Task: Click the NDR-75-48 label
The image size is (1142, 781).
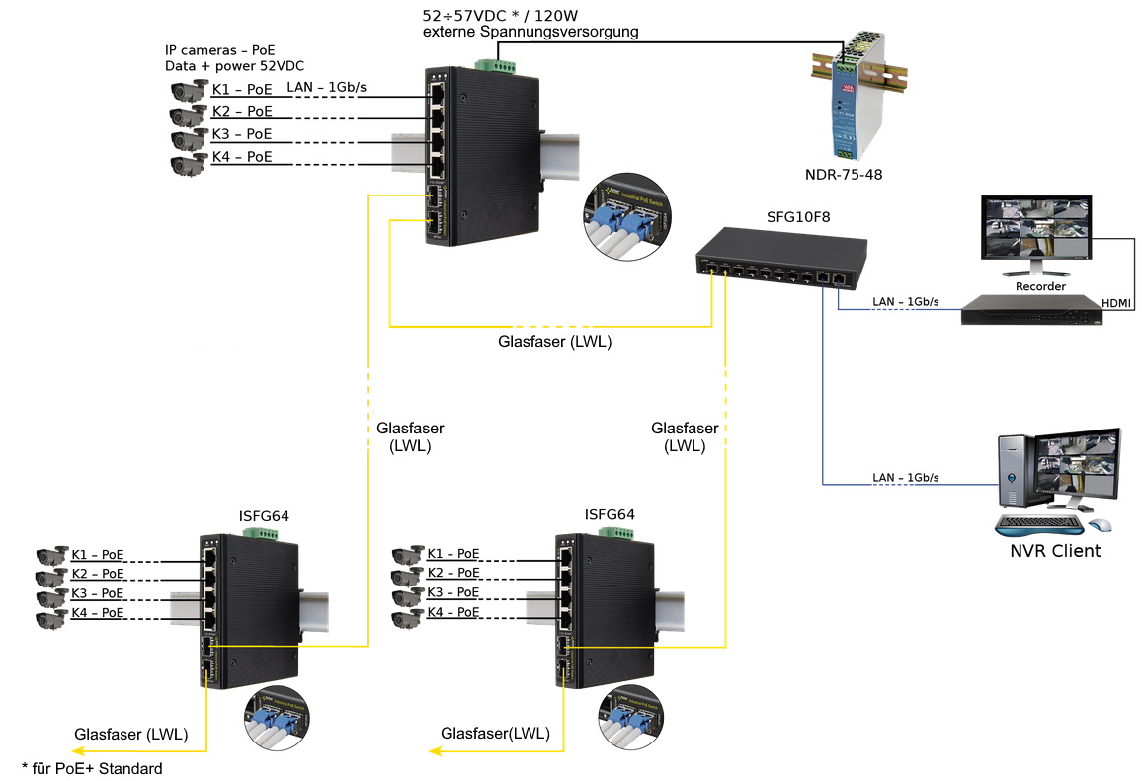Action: click(843, 175)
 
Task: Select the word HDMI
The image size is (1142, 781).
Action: click(1117, 301)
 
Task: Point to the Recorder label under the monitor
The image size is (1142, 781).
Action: click(1040, 286)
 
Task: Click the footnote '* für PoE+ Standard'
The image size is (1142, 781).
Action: click(92, 767)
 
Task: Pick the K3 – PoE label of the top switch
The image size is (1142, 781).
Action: click(242, 134)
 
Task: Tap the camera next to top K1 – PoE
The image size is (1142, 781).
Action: click(188, 91)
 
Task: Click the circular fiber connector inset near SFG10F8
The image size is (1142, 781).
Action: click(625, 218)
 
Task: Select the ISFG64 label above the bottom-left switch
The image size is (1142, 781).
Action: click(264, 515)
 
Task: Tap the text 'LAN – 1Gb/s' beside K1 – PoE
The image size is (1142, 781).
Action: click(326, 88)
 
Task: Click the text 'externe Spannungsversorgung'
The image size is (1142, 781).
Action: click(530, 32)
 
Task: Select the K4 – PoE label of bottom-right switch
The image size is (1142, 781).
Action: click(453, 613)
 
